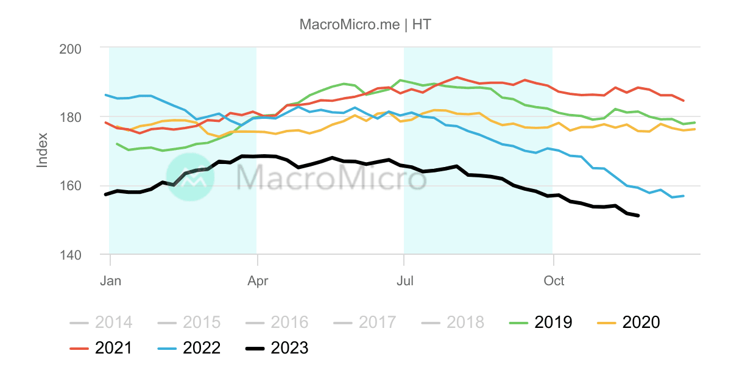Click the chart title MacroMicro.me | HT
click(x=365, y=24)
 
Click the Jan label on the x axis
click(x=110, y=280)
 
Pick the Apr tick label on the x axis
click(x=258, y=280)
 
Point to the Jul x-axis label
click(x=404, y=280)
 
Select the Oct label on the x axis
click(x=553, y=280)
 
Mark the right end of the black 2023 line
click(x=638, y=216)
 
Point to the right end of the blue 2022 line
click(x=683, y=196)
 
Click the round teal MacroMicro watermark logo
click(x=190, y=177)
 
